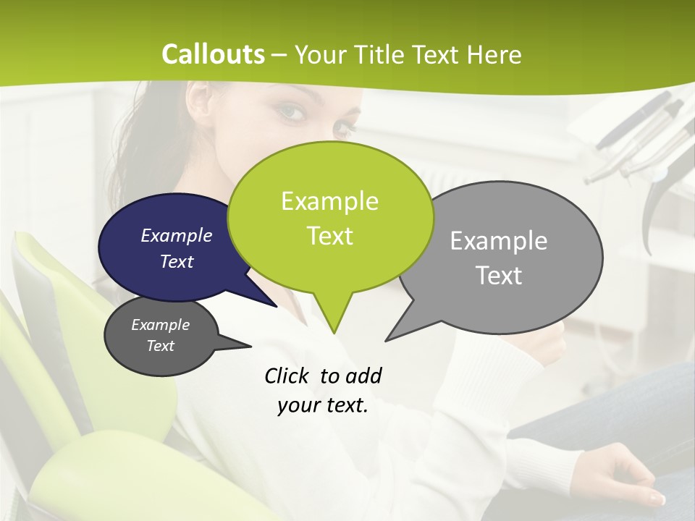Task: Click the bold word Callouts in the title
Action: point(213,54)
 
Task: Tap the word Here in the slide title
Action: point(495,54)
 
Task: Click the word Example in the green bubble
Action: point(329,200)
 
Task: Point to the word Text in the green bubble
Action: point(329,235)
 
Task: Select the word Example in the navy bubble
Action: point(176,235)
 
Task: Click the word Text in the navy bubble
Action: point(176,261)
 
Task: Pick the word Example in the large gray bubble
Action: point(498,240)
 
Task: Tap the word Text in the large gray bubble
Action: point(498,275)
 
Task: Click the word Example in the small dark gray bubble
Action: point(160,325)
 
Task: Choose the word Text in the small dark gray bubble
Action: point(160,346)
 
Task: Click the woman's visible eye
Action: point(291,112)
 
